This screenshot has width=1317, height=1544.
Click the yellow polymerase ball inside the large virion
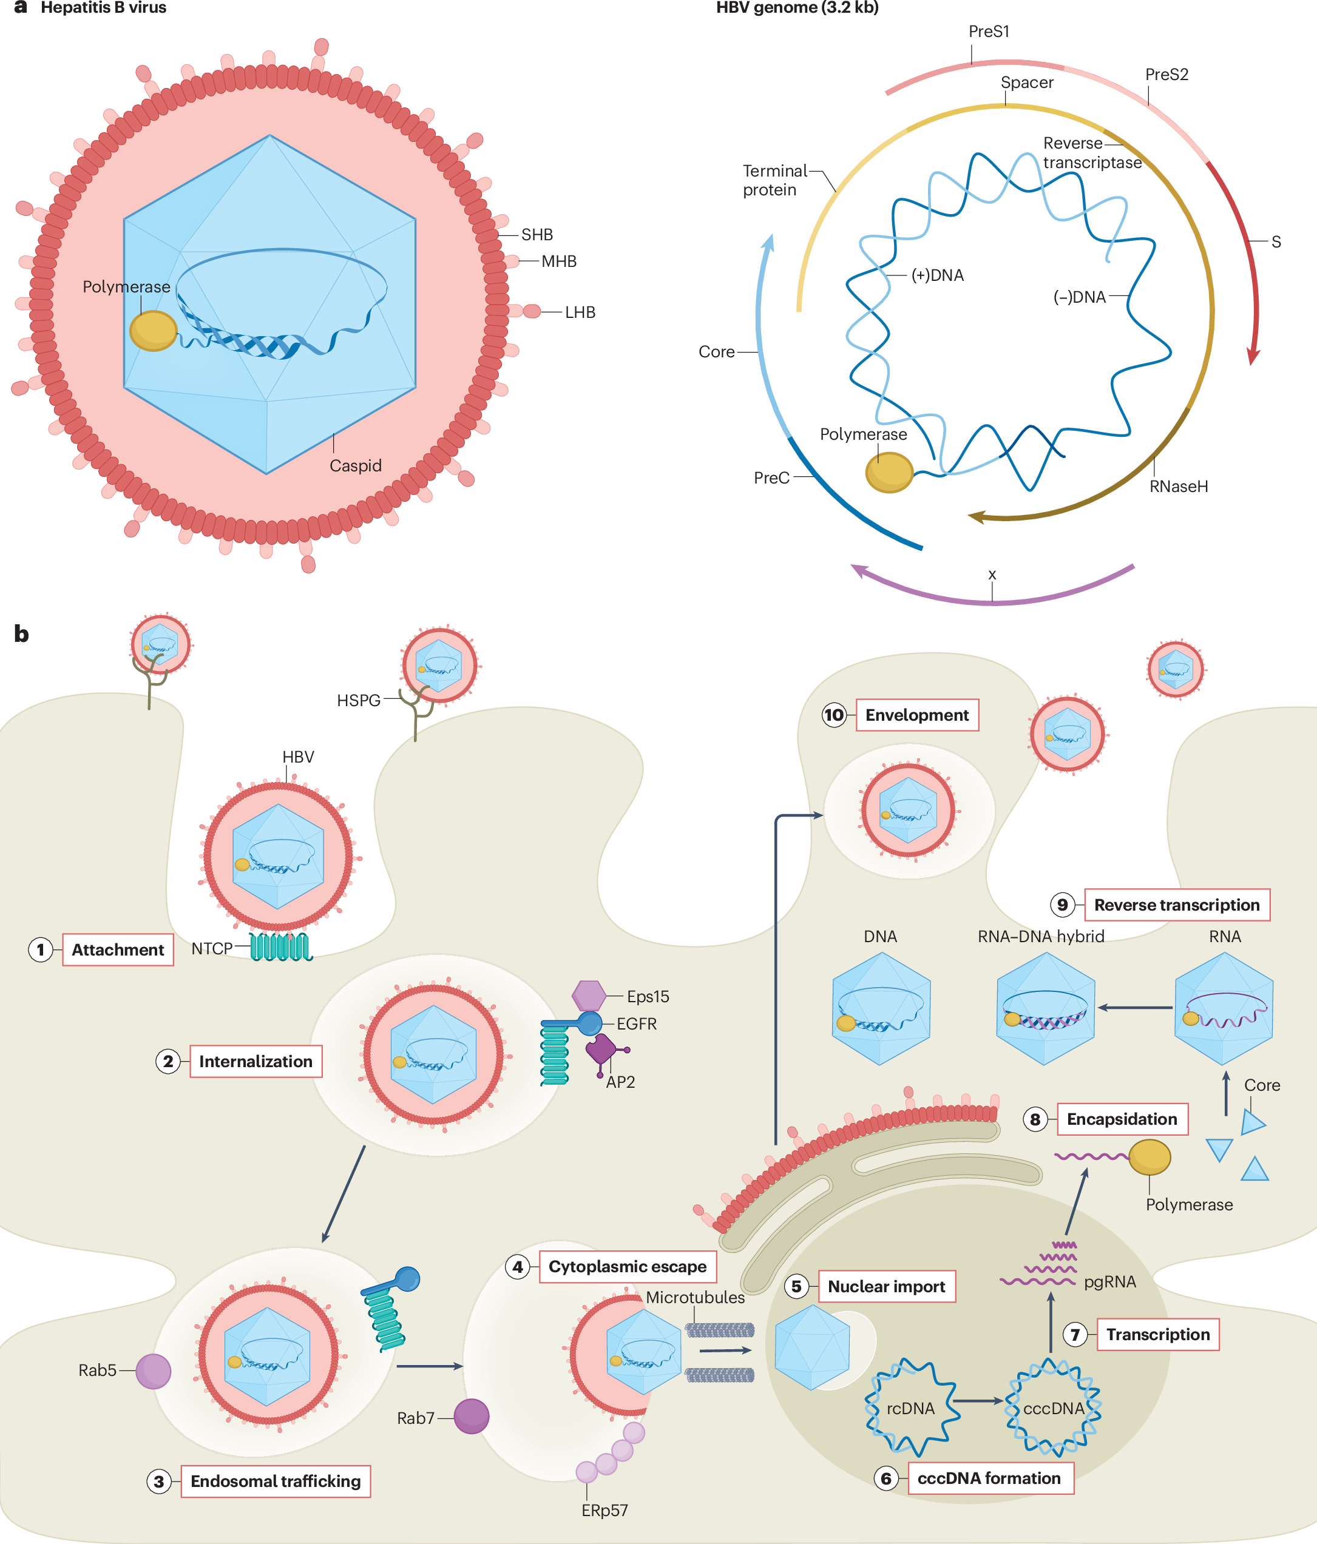[153, 330]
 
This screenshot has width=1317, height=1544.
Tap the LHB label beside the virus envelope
[580, 312]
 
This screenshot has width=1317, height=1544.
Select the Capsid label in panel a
[356, 466]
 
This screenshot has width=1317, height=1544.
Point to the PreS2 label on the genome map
[1166, 75]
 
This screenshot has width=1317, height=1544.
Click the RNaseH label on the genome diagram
[1179, 487]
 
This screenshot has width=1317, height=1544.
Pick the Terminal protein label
[774, 180]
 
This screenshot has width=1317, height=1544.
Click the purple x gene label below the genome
[992, 575]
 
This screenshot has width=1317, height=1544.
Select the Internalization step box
[256, 1061]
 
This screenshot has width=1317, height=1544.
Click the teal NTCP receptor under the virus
[280, 947]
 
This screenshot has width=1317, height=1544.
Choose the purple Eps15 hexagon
[589, 996]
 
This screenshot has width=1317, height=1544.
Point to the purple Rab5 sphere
[154, 1371]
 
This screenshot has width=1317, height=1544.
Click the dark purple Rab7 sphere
[471, 1417]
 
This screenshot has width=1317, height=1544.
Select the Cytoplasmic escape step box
[628, 1267]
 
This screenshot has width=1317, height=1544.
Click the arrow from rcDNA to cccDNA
[978, 1401]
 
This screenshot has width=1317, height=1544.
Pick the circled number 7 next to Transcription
[1075, 1335]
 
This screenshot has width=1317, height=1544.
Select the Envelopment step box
[917, 715]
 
